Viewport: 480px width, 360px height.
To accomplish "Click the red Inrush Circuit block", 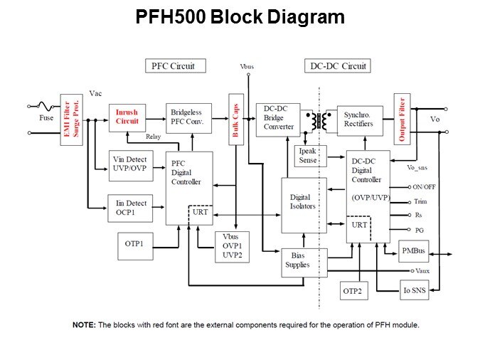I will click(x=128, y=117).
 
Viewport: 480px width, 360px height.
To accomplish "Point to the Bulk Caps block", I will click(x=235, y=120).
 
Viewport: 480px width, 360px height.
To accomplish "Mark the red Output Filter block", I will click(x=402, y=120).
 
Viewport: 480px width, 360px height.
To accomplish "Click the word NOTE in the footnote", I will click(x=84, y=324).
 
